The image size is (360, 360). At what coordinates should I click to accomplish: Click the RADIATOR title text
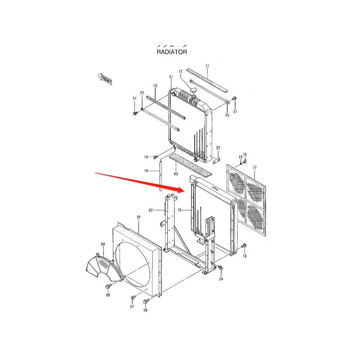coord(171,52)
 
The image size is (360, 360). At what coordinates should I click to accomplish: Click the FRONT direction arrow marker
coord(105,79)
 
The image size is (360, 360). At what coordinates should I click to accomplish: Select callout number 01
coord(171,77)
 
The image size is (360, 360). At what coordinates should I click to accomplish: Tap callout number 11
coord(207,66)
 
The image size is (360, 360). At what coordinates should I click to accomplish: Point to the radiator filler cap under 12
coord(194,91)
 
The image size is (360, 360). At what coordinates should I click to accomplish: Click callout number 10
coord(155,85)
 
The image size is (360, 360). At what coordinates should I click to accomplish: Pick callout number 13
coord(146,157)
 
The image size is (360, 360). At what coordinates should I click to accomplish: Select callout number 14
coord(146,171)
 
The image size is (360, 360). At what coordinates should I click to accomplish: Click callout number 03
coord(176,174)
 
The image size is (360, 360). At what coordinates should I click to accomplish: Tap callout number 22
coord(218,148)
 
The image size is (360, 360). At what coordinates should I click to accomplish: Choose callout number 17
coord(254,168)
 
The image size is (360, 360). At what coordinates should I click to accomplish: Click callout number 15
coord(179,210)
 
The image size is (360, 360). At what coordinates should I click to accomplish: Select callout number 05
coord(139,217)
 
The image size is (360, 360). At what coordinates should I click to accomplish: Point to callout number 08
coord(103,244)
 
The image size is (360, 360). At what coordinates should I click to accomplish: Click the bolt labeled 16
coord(244,246)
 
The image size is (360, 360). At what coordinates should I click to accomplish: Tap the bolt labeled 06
coord(146,301)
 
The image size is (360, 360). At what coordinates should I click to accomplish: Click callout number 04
coord(221,279)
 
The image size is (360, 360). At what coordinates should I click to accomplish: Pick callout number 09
coord(108,295)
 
